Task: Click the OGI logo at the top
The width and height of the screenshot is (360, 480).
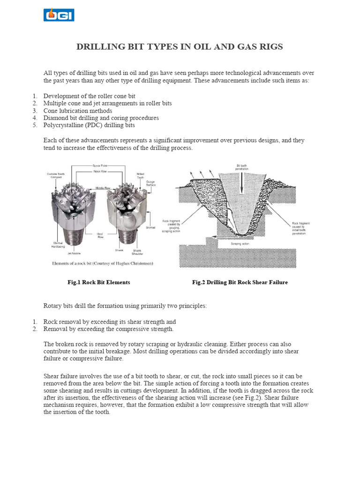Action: click(x=59, y=14)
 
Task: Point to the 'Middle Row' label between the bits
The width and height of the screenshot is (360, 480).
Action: click(x=103, y=187)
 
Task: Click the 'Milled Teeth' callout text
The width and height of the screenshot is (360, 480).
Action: click(x=140, y=176)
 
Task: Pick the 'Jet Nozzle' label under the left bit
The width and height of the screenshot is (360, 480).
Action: click(x=74, y=253)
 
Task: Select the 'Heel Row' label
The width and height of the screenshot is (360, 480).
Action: click(x=100, y=235)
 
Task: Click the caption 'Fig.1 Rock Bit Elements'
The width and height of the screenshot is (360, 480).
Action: click(x=98, y=282)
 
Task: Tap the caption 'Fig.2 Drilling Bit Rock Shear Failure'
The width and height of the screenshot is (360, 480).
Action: click(x=240, y=282)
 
